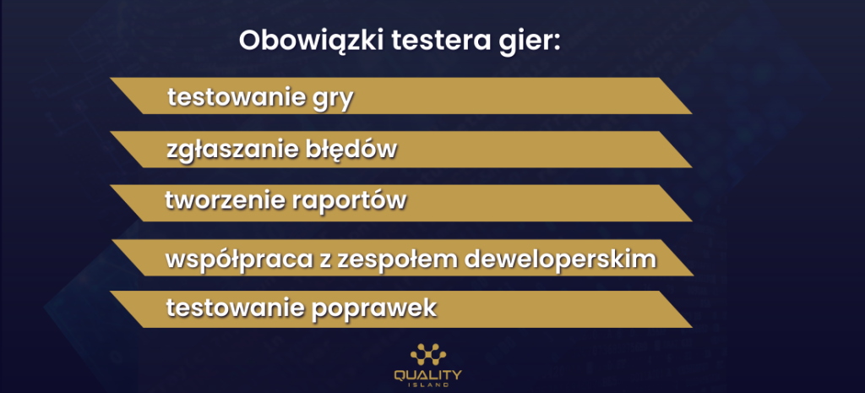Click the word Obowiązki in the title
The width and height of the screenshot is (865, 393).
311,42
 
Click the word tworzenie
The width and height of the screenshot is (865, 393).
224,201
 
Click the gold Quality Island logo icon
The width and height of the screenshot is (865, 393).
428,354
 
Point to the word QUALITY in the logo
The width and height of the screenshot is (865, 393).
428,375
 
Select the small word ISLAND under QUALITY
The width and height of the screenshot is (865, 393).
428,385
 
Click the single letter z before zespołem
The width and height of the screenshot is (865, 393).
323,259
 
